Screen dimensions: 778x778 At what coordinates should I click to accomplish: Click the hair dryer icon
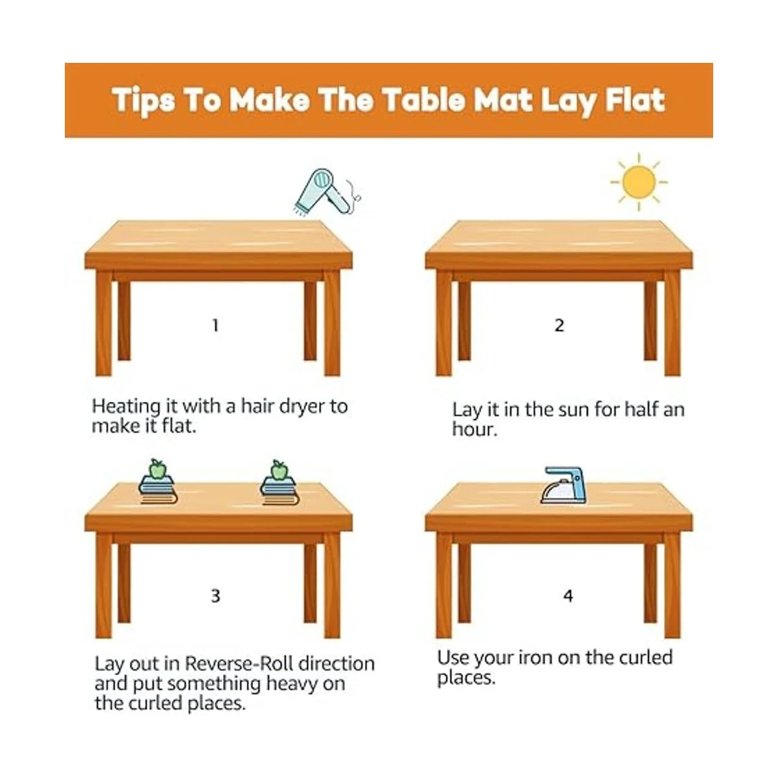click(326, 192)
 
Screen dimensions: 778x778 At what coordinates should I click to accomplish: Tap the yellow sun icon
click(639, 182)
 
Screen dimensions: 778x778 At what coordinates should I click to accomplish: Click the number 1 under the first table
click(216, 325)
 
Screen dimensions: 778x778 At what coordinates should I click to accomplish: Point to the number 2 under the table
click(559, 325)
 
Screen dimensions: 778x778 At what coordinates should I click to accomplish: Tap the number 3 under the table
click(216, 596)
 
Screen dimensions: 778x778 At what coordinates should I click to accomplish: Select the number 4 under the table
click(568, 596)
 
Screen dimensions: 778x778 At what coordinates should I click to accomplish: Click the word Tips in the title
click(144, 100)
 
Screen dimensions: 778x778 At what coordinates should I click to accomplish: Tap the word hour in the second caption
click(475, 429)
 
